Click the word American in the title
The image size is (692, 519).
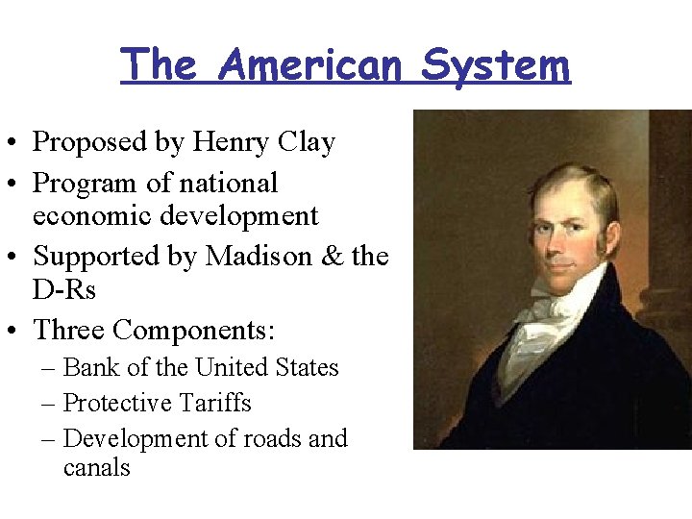pyautogui.click(x=310, y=65)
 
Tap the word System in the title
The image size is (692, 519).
pyautogui.click(x=496, y=65)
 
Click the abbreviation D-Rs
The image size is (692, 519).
pyautogui.click(x=63, y=289)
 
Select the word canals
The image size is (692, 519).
pyautogui.click(x=96, y=468)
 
